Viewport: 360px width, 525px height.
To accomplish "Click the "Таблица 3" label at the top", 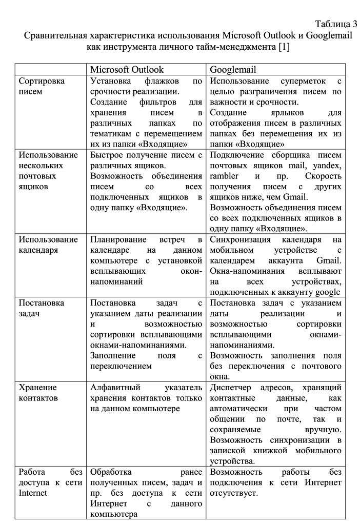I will pyautogui.click(x=336, y=24).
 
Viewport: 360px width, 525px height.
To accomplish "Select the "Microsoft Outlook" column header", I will pyautogui.click(x=127, y=70).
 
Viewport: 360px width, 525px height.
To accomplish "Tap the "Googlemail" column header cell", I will pyautogui.click(x=233, y=70).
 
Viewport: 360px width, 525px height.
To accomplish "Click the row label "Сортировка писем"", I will pyautogui.click(x=42, y=87).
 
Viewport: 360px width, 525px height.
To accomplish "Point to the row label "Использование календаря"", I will pyautogui.click(x=48, y=245).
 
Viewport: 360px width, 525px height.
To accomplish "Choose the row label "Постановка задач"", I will pyautogui.click(x=42, y=308).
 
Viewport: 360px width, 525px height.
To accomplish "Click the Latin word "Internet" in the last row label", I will pyautogui.click(x=33, y=493).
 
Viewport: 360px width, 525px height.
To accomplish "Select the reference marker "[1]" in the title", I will pyautogui.click(x=285, y=47).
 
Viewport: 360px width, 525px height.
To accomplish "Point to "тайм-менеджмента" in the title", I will pyautogui.click(x=237, y=47).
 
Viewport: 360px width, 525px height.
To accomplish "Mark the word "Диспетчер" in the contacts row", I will pyautogui.click(x=230, y=387).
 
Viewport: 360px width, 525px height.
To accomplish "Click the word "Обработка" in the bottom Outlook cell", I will pyautogui.click(x=111, y=472).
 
